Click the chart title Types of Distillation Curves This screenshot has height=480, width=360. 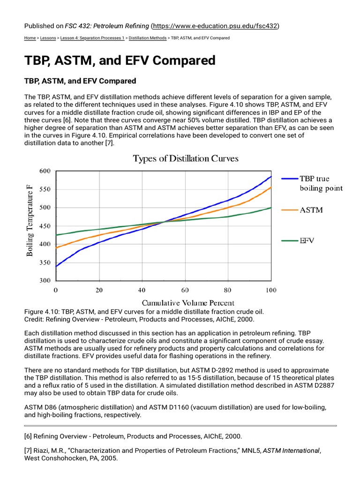click(x=186, y=158)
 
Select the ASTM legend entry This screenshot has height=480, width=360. click(x=311, y=210)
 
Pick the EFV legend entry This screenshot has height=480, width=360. click(x=307, y=240)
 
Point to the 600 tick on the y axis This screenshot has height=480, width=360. click(x=45, y=171)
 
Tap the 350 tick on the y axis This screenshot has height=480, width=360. click(x=45, y=262)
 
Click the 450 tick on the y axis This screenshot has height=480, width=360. click(x=45, y=226)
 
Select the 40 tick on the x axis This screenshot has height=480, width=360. click(x=142, y=290)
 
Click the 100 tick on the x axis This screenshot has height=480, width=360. click(x=271, y=290)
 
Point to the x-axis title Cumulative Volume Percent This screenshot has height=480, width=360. click(x=188, y=303)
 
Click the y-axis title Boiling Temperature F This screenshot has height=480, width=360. click(x=30, y=220)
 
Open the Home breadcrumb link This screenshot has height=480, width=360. click(x=30, y=38)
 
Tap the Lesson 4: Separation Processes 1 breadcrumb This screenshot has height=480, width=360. click(x=98, y=38)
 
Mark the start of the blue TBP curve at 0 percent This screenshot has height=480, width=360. click(x=56, y=266)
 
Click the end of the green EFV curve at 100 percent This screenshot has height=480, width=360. click(x=271, y=208)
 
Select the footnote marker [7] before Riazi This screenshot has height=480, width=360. click(x=28, y=451)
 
